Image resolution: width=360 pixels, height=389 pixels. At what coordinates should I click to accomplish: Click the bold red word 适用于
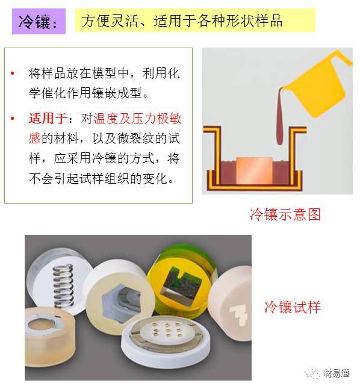coord(47,117)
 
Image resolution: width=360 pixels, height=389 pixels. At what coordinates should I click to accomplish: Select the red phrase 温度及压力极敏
coord(133,117)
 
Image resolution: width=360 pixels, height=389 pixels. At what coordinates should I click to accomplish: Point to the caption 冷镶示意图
coord(285,214)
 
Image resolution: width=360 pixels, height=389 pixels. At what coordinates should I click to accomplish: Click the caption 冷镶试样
coord(292,307)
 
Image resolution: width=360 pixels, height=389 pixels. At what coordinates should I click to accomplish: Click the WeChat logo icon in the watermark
coord(313,373)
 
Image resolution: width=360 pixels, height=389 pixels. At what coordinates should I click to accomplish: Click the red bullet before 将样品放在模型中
coord(12,74)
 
